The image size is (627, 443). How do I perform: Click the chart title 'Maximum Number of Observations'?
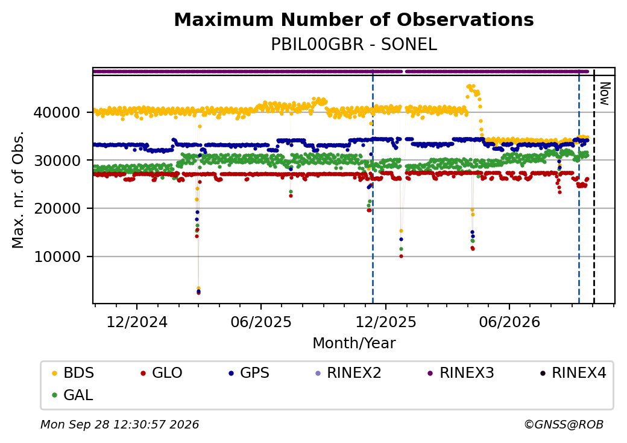[354, 19]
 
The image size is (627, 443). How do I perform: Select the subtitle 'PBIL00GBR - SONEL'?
[354, 45]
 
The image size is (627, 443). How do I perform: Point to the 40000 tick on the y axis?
[57, 112]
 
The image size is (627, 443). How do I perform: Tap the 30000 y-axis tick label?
[57, 161]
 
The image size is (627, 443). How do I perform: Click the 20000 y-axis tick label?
[57, 208]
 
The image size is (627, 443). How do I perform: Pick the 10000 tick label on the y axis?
[57, 257]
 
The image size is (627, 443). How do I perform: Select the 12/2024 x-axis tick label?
[137, 322]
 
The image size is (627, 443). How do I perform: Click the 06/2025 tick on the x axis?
[261, 322]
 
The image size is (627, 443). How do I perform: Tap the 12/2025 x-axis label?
[386, 322]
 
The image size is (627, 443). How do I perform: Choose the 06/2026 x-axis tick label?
[509, 322]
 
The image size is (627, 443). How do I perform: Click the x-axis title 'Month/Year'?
[354, 343]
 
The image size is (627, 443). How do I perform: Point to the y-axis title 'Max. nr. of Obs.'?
[18, 190]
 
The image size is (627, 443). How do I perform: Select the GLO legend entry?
[162, 373]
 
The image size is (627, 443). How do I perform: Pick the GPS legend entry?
[249, 373]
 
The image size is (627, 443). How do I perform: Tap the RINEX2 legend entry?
[348, 373]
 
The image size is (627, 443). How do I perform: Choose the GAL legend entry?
[73, 395]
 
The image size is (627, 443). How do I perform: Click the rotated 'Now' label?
[605, 94]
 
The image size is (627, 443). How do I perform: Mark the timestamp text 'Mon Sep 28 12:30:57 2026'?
[119, 424]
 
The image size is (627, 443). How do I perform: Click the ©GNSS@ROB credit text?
[564, 424]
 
